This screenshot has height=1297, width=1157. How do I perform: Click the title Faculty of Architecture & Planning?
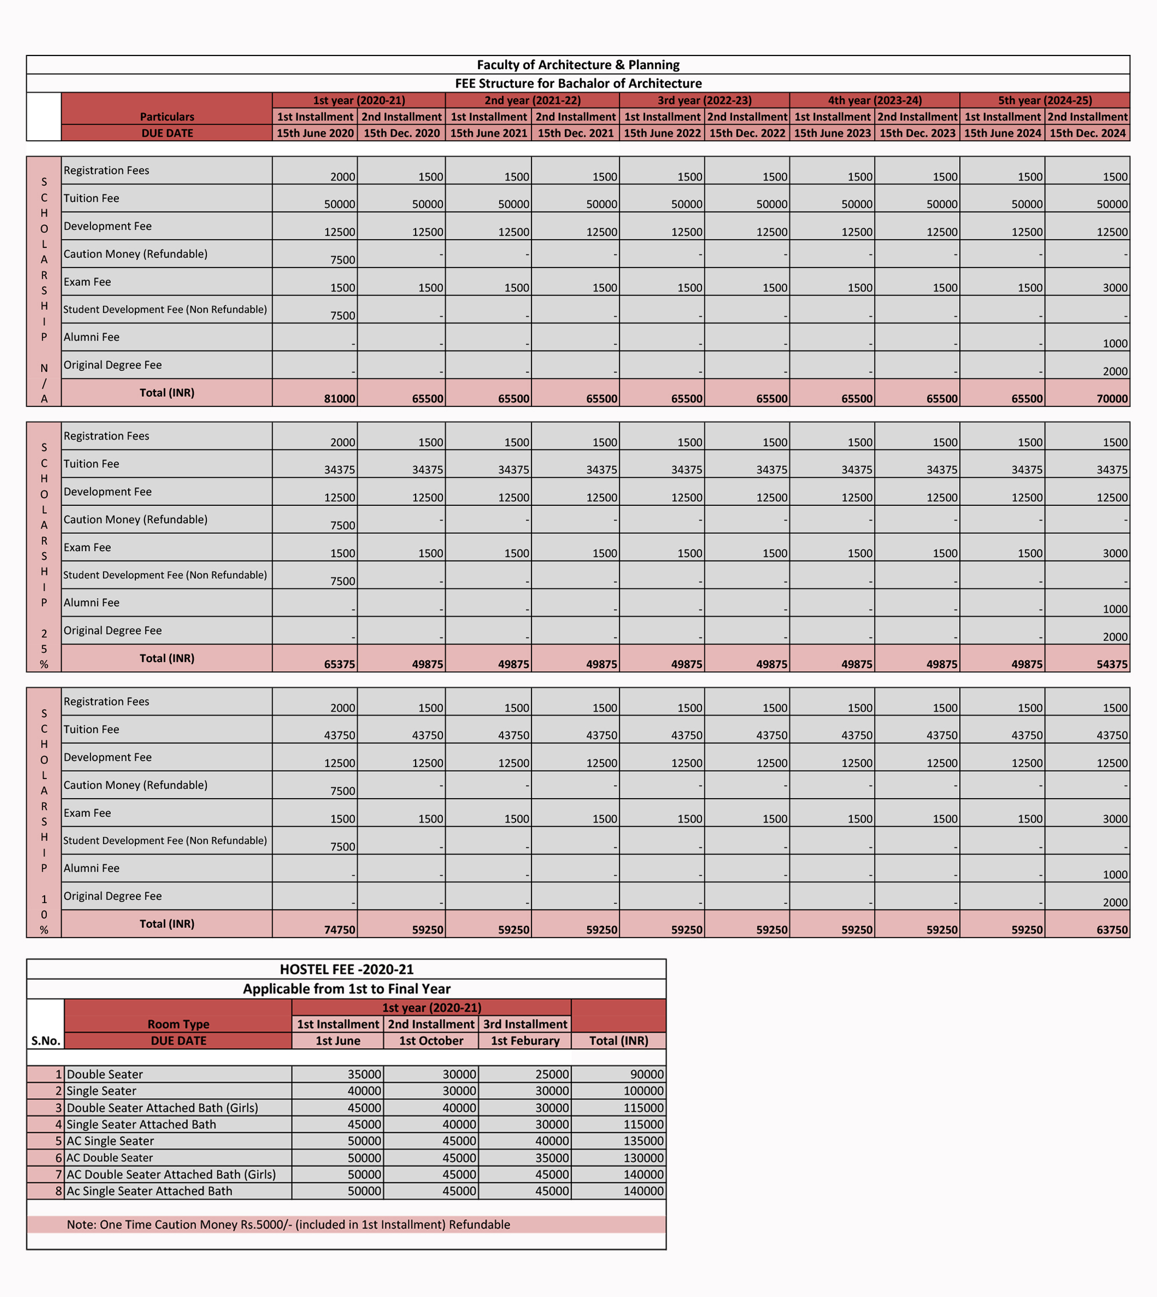[x=578, y=65]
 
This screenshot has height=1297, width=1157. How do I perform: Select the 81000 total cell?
[x=340, y=398]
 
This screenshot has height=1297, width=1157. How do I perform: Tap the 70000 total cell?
[x=1111, y=398]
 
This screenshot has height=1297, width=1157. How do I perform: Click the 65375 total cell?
[x=340, y=664]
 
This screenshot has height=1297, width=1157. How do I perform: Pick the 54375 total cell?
[x=1111, y=664]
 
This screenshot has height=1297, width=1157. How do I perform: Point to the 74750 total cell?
[x=340, y=929]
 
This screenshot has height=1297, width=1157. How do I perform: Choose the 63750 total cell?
[x=1111, y=929]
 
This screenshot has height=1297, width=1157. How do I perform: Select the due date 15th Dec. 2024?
[x=1087, y=133]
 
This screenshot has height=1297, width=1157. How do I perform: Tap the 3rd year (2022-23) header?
[x=704, y=101]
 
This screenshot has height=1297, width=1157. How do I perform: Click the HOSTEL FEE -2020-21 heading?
[x=346, y=969]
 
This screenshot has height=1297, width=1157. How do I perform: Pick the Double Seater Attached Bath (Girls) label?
[x=162, y=1108]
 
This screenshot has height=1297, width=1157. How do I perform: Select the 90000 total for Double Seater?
[x=646, y=1075]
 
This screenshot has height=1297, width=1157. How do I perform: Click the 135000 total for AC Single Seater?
[x=643, y=1140]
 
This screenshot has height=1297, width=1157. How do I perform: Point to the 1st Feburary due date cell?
[x=525, y=1041]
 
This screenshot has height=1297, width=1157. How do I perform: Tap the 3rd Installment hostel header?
[x=525, y=1024]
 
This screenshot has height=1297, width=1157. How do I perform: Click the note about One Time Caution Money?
[x=288, y=1224]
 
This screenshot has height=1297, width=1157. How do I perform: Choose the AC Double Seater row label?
[x=109, y=1158]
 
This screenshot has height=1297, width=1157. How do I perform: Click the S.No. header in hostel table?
[x=46, y=1041]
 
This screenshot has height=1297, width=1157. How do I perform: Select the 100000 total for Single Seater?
[x=643, y=1091]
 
